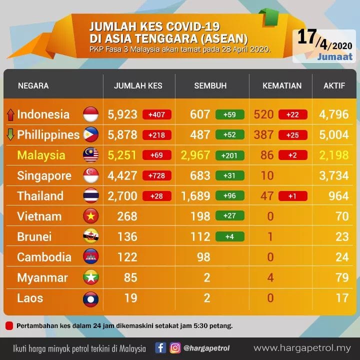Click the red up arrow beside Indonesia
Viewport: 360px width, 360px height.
coord(10,114)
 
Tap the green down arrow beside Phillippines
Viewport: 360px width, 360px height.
coord(10,134)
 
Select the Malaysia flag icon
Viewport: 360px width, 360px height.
coord(91,155)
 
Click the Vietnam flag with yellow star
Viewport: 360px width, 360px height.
coord(91,216)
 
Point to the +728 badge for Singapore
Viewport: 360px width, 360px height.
coord(157,175)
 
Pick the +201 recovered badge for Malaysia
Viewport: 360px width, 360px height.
coord(230,155)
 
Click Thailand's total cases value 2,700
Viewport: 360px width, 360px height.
coord(122,196)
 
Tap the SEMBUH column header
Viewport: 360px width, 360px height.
coord(210,85)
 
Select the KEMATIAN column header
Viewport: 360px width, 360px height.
coord(282,85)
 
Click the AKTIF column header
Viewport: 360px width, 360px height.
coord(334,85)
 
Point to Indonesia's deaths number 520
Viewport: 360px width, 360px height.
coord(263,114)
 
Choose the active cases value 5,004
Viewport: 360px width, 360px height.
coord(334,134)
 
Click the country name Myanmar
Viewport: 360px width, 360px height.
coord(42,277)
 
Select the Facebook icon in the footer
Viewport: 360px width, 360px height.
coord(160,348)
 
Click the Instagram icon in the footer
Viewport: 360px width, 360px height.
coord(175,348)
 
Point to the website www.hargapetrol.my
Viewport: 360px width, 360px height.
coord(302,348)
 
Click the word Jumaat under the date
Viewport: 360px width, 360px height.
coord(335,56)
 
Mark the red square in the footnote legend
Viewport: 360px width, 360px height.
coord(9,326)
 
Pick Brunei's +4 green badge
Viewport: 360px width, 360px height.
coord(230,236)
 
